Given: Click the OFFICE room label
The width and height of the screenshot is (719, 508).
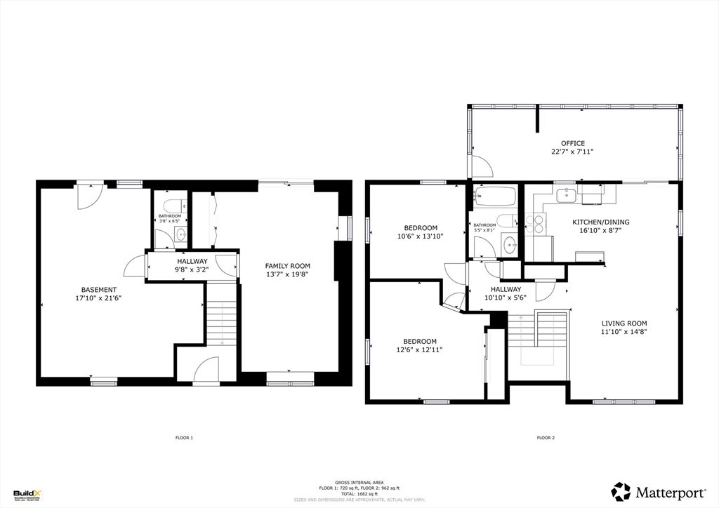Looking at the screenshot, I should tap(572, 143).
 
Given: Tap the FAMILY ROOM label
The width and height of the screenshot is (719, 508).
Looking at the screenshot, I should tap(287, 266).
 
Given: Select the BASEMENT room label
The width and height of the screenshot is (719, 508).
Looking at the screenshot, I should tap(99, 289).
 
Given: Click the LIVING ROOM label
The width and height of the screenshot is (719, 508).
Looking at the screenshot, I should tap(624, 323).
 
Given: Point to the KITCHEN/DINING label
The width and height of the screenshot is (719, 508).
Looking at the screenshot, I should tap(600, 222).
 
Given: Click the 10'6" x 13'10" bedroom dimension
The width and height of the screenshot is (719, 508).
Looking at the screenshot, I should tap(421, 236).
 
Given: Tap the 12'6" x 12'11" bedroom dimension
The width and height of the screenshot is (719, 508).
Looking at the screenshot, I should tap(420, 349).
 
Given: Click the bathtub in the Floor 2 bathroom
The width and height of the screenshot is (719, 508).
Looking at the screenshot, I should tap(495, 196).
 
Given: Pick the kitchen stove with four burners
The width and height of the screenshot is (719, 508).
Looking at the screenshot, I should tap(539, 223).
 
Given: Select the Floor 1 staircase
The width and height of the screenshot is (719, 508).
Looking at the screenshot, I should tap(222, 323).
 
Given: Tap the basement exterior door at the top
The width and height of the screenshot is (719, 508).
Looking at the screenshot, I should tap(91, 195).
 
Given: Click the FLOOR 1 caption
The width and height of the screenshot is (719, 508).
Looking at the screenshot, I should tap(184, 438).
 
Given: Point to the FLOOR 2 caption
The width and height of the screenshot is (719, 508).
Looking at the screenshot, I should tap(546, 438).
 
